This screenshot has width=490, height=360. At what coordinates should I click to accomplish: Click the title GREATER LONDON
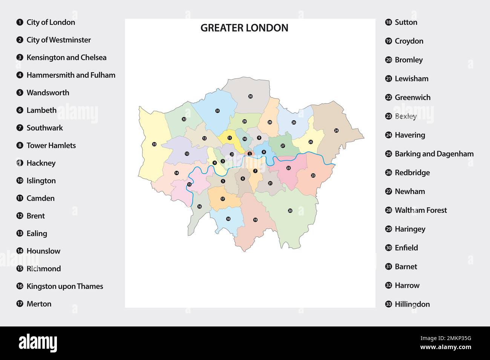point(244,28)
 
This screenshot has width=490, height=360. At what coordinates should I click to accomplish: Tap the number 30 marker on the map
point(250,96)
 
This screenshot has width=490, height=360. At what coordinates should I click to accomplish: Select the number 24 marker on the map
point(336,131)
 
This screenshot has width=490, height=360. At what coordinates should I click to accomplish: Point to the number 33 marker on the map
point(154,144)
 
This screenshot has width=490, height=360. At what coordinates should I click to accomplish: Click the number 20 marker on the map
point(290,211)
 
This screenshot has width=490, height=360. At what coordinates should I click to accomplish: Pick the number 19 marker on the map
point(255,220)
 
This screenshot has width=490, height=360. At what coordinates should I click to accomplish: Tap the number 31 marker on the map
point(217,111)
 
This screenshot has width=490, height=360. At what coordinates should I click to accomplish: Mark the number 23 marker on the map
point(313,175)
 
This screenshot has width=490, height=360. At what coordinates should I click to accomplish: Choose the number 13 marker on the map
point(187,154)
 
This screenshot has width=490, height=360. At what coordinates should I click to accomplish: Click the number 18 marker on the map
point(228,219)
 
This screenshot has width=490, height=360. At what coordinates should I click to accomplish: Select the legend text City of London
point(51,22)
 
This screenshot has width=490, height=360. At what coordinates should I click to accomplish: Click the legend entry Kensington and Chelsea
point(66,58)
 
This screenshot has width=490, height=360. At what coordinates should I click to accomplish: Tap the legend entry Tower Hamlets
point(51,145)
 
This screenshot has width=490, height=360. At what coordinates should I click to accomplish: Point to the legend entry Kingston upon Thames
point(64,286)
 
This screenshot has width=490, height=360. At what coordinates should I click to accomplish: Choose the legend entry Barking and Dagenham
point(434,154)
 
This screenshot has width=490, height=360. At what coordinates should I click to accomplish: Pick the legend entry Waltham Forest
point(421,210)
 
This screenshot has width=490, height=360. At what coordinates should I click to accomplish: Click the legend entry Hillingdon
point(412,304)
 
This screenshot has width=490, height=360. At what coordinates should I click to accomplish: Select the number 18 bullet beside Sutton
point(389,22)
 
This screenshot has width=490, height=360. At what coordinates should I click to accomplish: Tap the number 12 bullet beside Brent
point(20,216)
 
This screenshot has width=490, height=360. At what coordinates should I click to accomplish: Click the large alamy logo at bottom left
point(38,343)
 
